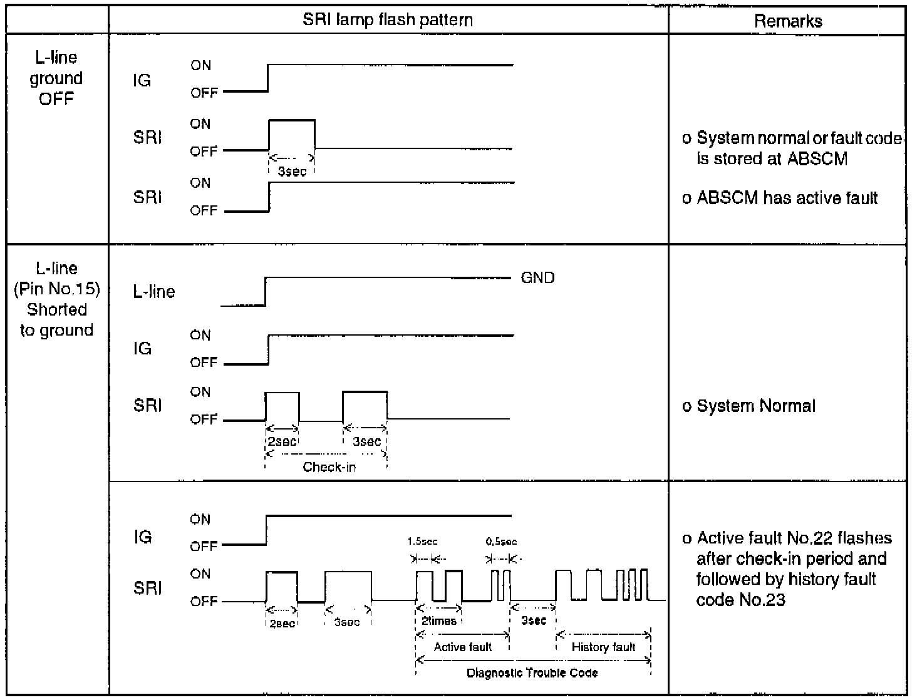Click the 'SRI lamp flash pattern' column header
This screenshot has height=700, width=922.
point(388,20)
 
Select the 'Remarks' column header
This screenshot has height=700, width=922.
point(788,21)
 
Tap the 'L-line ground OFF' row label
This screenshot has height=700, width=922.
point(56,78)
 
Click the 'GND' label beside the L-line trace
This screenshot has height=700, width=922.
point(537,278)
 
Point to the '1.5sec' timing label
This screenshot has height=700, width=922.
point(423,542)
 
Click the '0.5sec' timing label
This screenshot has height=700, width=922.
point(501,542)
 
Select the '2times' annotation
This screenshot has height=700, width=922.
point(439,621)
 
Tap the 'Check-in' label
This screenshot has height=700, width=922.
point(329,467)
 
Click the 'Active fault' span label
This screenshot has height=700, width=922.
point(462,647)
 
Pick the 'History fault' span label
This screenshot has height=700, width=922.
point(603,647)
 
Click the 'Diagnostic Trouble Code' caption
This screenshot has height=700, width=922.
point(532,674)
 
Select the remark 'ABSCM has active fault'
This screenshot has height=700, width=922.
point(787,198)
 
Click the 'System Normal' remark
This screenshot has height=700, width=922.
point(756,406)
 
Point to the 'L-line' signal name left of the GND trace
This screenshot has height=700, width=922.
point(154,292)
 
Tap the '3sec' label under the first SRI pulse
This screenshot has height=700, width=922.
point(292,172)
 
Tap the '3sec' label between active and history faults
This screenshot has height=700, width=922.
point(534,620)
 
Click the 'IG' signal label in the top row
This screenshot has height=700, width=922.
point(142,81)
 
